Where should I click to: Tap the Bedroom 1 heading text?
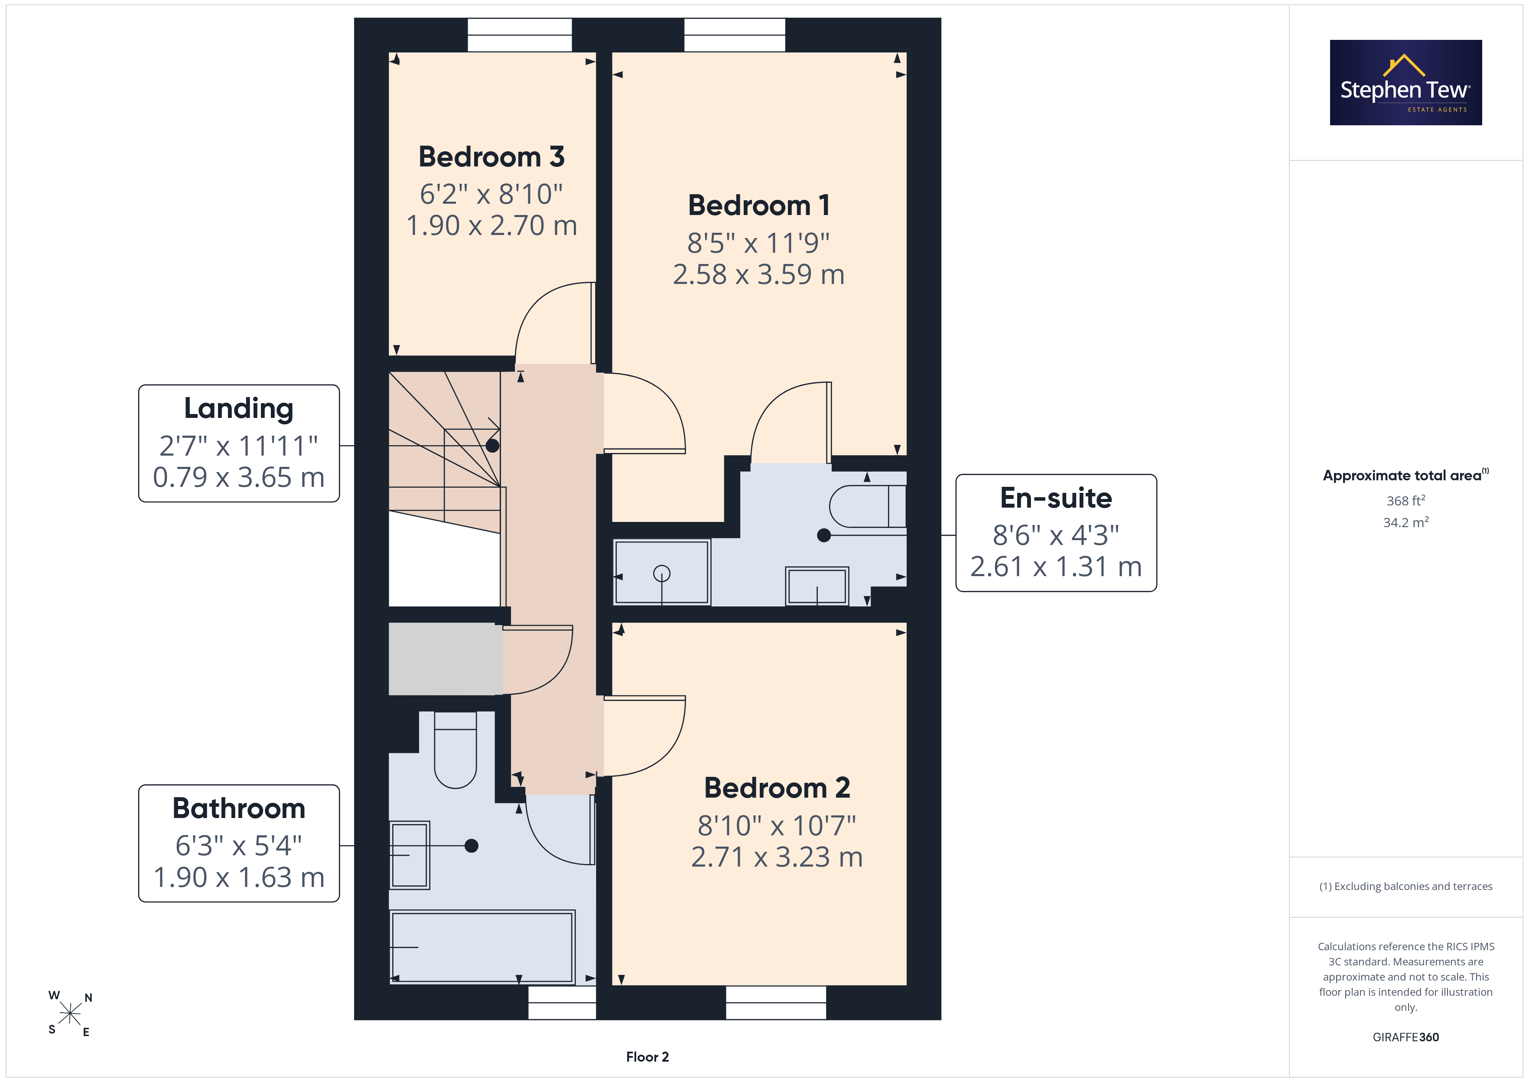pos(759,205)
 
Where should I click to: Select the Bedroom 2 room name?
pos(777,788)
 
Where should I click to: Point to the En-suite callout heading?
pos(1056,498)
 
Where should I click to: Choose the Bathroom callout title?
pos(238,808)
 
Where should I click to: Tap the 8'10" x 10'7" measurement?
pos(777,825)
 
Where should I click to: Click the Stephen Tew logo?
pos(1406,83)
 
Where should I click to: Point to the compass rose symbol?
pos(70,1014)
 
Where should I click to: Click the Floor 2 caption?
pos(647,1057)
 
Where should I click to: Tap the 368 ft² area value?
pos(1406,500)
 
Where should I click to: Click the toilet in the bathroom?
pos(455,750)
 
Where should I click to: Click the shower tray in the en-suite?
pos(662,572)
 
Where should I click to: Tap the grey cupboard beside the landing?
pos(446,659)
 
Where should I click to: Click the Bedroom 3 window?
pos(520,35)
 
